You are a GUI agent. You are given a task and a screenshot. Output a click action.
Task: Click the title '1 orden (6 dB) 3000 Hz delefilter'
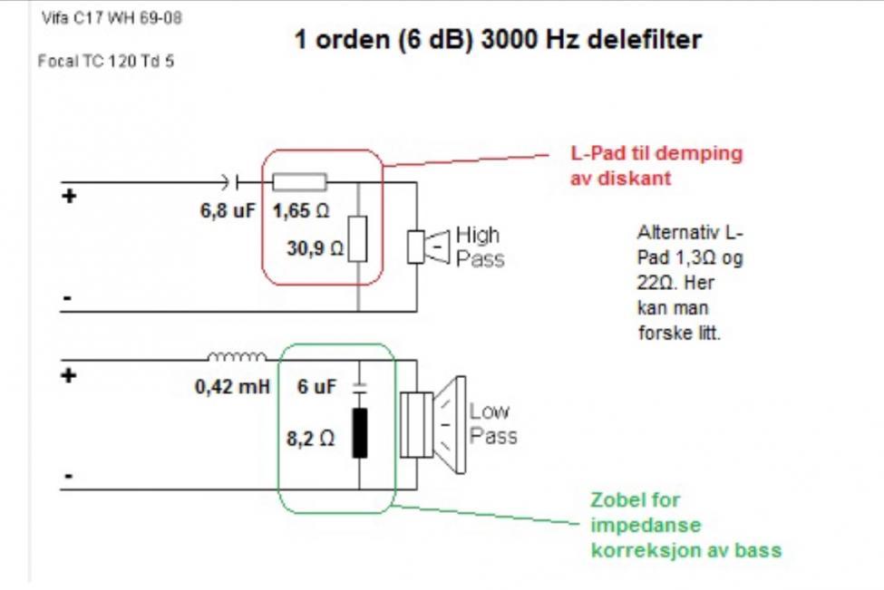[498, 41]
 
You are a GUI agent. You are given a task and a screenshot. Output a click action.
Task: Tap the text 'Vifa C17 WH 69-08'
[112, 18]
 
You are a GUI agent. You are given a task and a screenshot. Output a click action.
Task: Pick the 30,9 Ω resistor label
[316, 247]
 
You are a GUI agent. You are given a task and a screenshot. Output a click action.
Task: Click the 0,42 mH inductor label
[232, 387]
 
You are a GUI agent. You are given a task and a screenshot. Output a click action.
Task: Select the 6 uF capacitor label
[317, 387]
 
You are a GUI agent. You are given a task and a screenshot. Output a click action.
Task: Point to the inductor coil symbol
[238, 356]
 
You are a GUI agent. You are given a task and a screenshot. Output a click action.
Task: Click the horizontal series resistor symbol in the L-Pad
[300, 182]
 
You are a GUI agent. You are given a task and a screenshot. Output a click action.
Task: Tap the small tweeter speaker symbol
[428, 247]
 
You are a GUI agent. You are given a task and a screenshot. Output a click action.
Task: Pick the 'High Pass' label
[479, 247]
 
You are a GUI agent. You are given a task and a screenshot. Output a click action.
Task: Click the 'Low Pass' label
[492, 424]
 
